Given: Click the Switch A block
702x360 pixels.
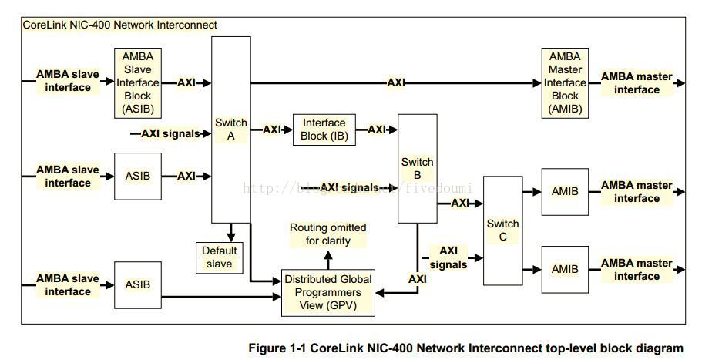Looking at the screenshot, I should [231, 130].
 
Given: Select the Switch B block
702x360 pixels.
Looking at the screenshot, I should [417, 169].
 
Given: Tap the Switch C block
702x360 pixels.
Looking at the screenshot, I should [502, 230].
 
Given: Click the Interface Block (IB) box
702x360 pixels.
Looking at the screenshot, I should [324, 130].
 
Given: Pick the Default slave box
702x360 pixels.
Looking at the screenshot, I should [219, 257].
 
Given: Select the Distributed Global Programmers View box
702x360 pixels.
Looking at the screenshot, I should [329, 293].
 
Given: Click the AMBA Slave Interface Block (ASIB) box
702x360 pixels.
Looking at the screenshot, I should [138, 82].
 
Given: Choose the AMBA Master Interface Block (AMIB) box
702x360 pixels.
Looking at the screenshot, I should [565, 82].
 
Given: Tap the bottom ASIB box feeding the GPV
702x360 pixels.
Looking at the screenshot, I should [138, 284].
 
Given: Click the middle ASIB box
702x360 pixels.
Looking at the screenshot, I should [138, 176].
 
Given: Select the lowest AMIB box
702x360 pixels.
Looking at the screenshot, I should [565, 269].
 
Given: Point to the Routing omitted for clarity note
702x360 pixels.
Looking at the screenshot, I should [328, 234].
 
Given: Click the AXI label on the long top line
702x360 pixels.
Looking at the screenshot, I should [396, 82].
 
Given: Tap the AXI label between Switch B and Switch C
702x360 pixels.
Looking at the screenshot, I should [460, 203].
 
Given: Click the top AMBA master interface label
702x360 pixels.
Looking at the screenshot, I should [637, 83].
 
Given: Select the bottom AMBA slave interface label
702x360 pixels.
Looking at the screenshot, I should [68, 284].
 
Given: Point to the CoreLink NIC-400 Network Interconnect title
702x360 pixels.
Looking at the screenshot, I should [120, 25].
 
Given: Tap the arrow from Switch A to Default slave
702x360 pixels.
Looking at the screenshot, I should [231, 231].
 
